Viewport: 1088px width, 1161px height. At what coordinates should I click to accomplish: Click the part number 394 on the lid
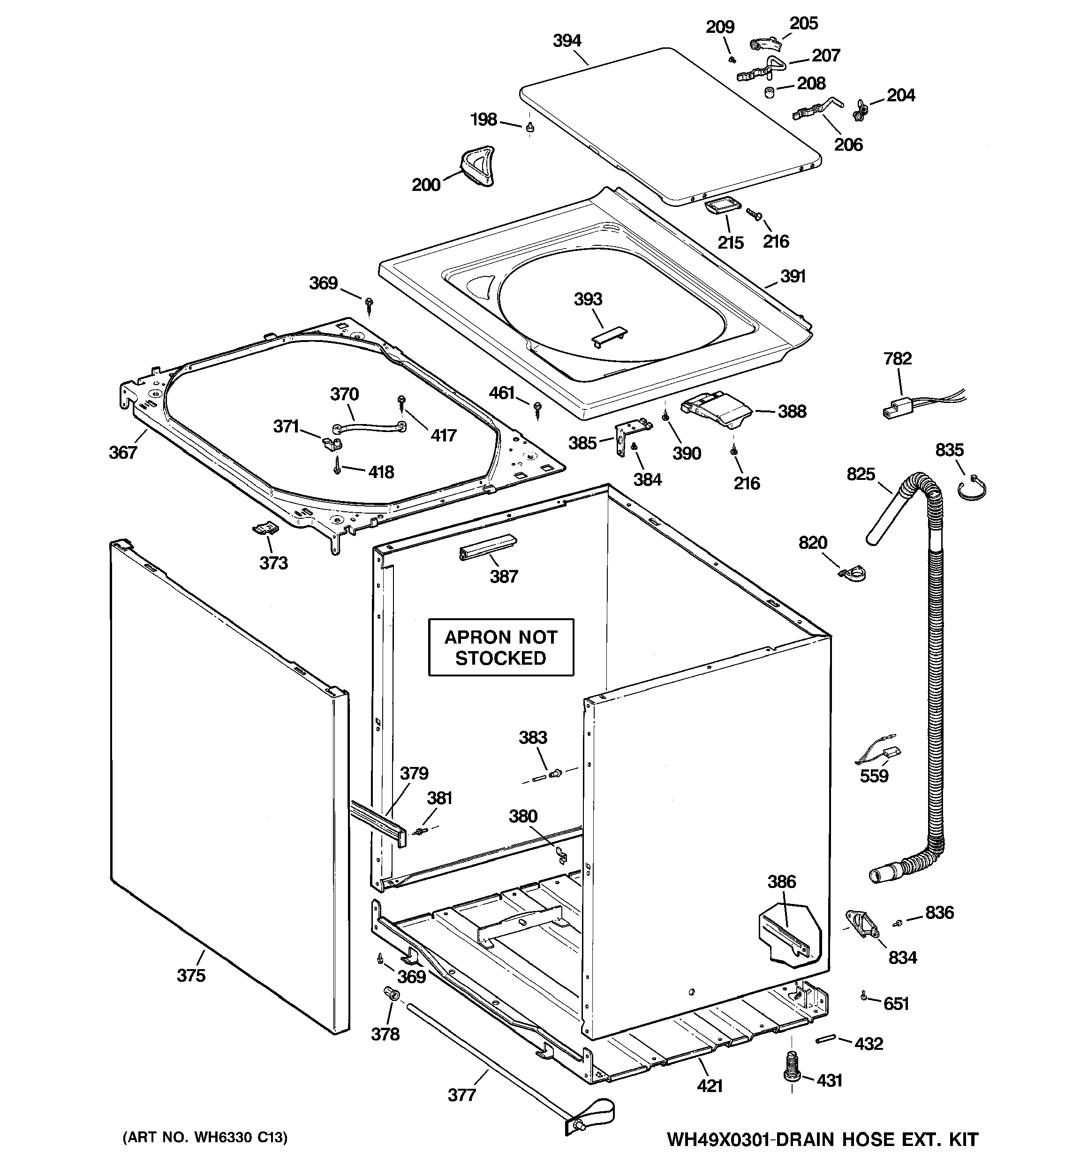pyautogui.click(x=567, y=41)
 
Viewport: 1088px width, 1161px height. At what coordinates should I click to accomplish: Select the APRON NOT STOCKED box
pyautogui.click(x=501, y=647)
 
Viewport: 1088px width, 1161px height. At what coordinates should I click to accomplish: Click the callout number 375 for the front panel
pyautogui.click(x=191, y=975)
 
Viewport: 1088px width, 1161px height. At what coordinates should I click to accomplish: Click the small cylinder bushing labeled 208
pyautogui.click(x=770, y=92)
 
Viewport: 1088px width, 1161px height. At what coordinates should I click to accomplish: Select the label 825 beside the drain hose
pyautogui.click(x=861, y=474)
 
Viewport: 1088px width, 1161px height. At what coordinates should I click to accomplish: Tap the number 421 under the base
pyautogui.click(x=710, y=1085)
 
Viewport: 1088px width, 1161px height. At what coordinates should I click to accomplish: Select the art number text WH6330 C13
pyautogui.click(x=205, y=1137)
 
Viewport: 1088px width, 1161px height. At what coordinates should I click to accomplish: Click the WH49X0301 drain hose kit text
pyautogui.click(x=822, y=1139)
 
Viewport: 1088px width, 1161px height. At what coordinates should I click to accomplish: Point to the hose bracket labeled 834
pyautogui.click(x=862, y=925)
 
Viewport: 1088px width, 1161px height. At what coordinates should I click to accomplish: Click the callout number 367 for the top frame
pyautogui.click(x=123, y=452)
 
